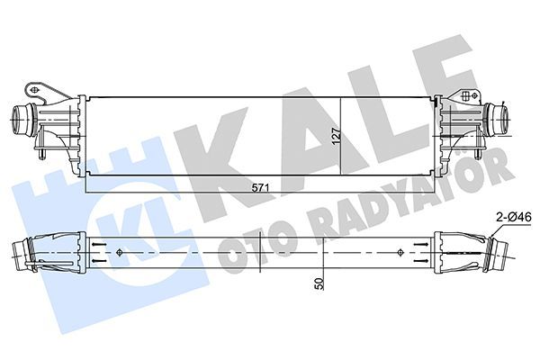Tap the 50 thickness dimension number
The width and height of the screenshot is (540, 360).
pos(319,282)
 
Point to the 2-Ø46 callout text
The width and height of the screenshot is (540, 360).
pos(513,217)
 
